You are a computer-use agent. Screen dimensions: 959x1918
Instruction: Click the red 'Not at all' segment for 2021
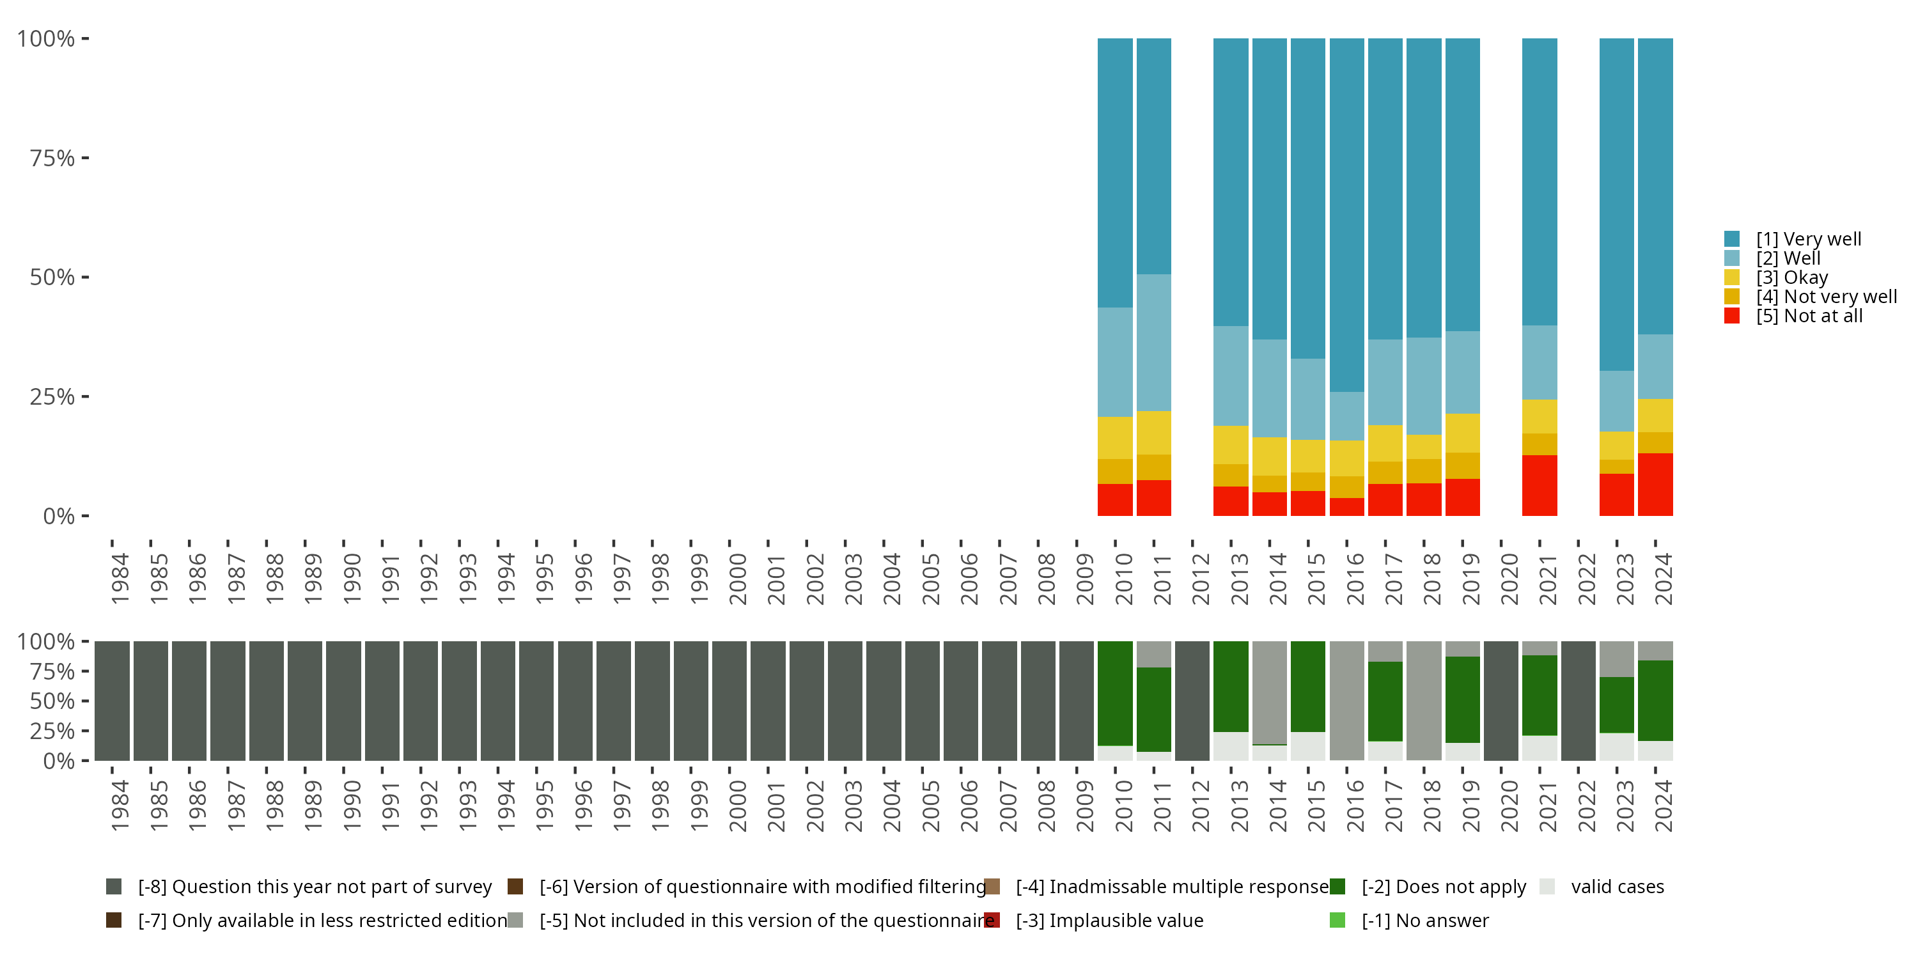tap(1539, 485)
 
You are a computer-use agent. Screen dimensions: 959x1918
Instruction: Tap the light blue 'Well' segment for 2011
tap(1153, 342)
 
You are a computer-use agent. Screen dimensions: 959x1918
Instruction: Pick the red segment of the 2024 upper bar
tap(1655, 484)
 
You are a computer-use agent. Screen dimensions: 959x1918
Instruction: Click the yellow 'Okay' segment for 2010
tap(1114, 438)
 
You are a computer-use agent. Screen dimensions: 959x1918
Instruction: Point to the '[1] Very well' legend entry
tap(1808, 239)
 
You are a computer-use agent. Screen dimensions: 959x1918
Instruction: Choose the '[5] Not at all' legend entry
tap(1809, 316)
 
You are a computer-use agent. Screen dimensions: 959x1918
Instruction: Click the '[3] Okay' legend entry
tap(1791, 277)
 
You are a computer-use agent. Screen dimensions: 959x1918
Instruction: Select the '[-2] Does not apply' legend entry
tap(1443, 887)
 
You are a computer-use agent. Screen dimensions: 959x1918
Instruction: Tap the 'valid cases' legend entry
tap(1616, 887)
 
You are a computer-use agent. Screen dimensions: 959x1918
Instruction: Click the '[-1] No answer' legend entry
tap(1424, 920)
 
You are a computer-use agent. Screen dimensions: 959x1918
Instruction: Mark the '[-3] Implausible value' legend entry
tap(1109, 920)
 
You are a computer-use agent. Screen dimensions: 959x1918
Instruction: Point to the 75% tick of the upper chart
tap(52, 158)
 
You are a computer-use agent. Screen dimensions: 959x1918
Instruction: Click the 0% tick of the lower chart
tap(58, 761)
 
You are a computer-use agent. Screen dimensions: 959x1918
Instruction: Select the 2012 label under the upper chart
tap(1200, 579)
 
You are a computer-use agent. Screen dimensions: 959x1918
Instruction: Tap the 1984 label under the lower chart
tap(119, 806)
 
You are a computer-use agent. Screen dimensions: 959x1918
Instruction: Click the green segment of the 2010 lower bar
tap(1114, 692)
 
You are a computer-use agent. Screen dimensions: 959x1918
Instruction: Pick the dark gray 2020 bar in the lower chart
tap(1501, 700)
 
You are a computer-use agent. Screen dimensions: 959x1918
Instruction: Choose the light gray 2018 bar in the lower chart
tap(1424, 700)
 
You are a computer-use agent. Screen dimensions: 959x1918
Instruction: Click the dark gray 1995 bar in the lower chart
tap(536, 700)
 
